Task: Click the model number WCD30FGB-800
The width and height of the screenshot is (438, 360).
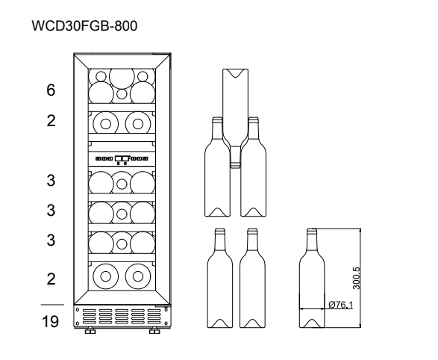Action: [84, 25]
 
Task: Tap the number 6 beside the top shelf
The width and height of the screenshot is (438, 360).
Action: [51, 90]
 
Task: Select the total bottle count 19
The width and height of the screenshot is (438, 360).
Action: [50, 321]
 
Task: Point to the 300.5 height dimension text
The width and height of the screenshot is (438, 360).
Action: [357, 278]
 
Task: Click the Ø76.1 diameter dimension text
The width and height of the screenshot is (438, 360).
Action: [340, 305]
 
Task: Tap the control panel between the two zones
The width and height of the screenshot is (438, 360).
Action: [122, 159]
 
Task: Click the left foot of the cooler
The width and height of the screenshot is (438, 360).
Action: [90, 331]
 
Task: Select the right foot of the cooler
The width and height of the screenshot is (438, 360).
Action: [154, 331]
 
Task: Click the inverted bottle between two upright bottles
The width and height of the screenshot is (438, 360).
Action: [235, 118]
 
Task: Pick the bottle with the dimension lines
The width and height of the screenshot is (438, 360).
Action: [312, 278]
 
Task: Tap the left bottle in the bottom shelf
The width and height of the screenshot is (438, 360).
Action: [106, 276]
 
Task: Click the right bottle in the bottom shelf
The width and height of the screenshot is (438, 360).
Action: [138, 276]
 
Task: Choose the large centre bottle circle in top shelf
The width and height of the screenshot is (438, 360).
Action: [122, 76]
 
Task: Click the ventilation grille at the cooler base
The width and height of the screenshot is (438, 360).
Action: [122, 317]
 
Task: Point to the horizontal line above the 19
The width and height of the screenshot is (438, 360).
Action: [52, 305]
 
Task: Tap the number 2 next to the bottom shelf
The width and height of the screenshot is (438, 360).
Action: [51, 279]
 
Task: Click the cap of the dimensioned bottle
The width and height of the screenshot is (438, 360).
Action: [312, 231]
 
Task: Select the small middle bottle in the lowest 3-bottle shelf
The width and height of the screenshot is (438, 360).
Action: [122, 243]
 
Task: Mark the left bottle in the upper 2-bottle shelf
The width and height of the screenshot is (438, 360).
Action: [106, 124]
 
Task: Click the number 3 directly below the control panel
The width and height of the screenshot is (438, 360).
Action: [51, 180]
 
